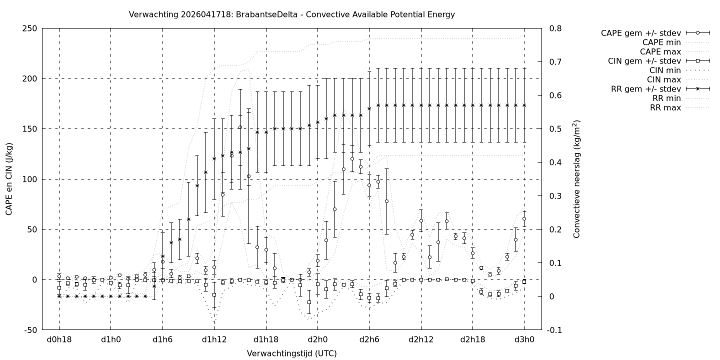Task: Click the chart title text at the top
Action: pos(291,14)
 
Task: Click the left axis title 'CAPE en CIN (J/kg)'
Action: pos(9,179)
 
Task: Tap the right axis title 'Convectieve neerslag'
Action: pos(576,179)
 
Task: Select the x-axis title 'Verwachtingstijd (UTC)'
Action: pos(291,353)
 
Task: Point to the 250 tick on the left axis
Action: pos(29,28)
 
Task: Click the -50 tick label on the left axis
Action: pos(29,330)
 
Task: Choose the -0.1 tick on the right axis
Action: pos(556,330)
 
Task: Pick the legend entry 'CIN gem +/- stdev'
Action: pos(644,61)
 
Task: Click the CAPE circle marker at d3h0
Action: pos(524,219)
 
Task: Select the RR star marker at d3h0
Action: pos(524,105)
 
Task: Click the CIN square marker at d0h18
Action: pos(59,287)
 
